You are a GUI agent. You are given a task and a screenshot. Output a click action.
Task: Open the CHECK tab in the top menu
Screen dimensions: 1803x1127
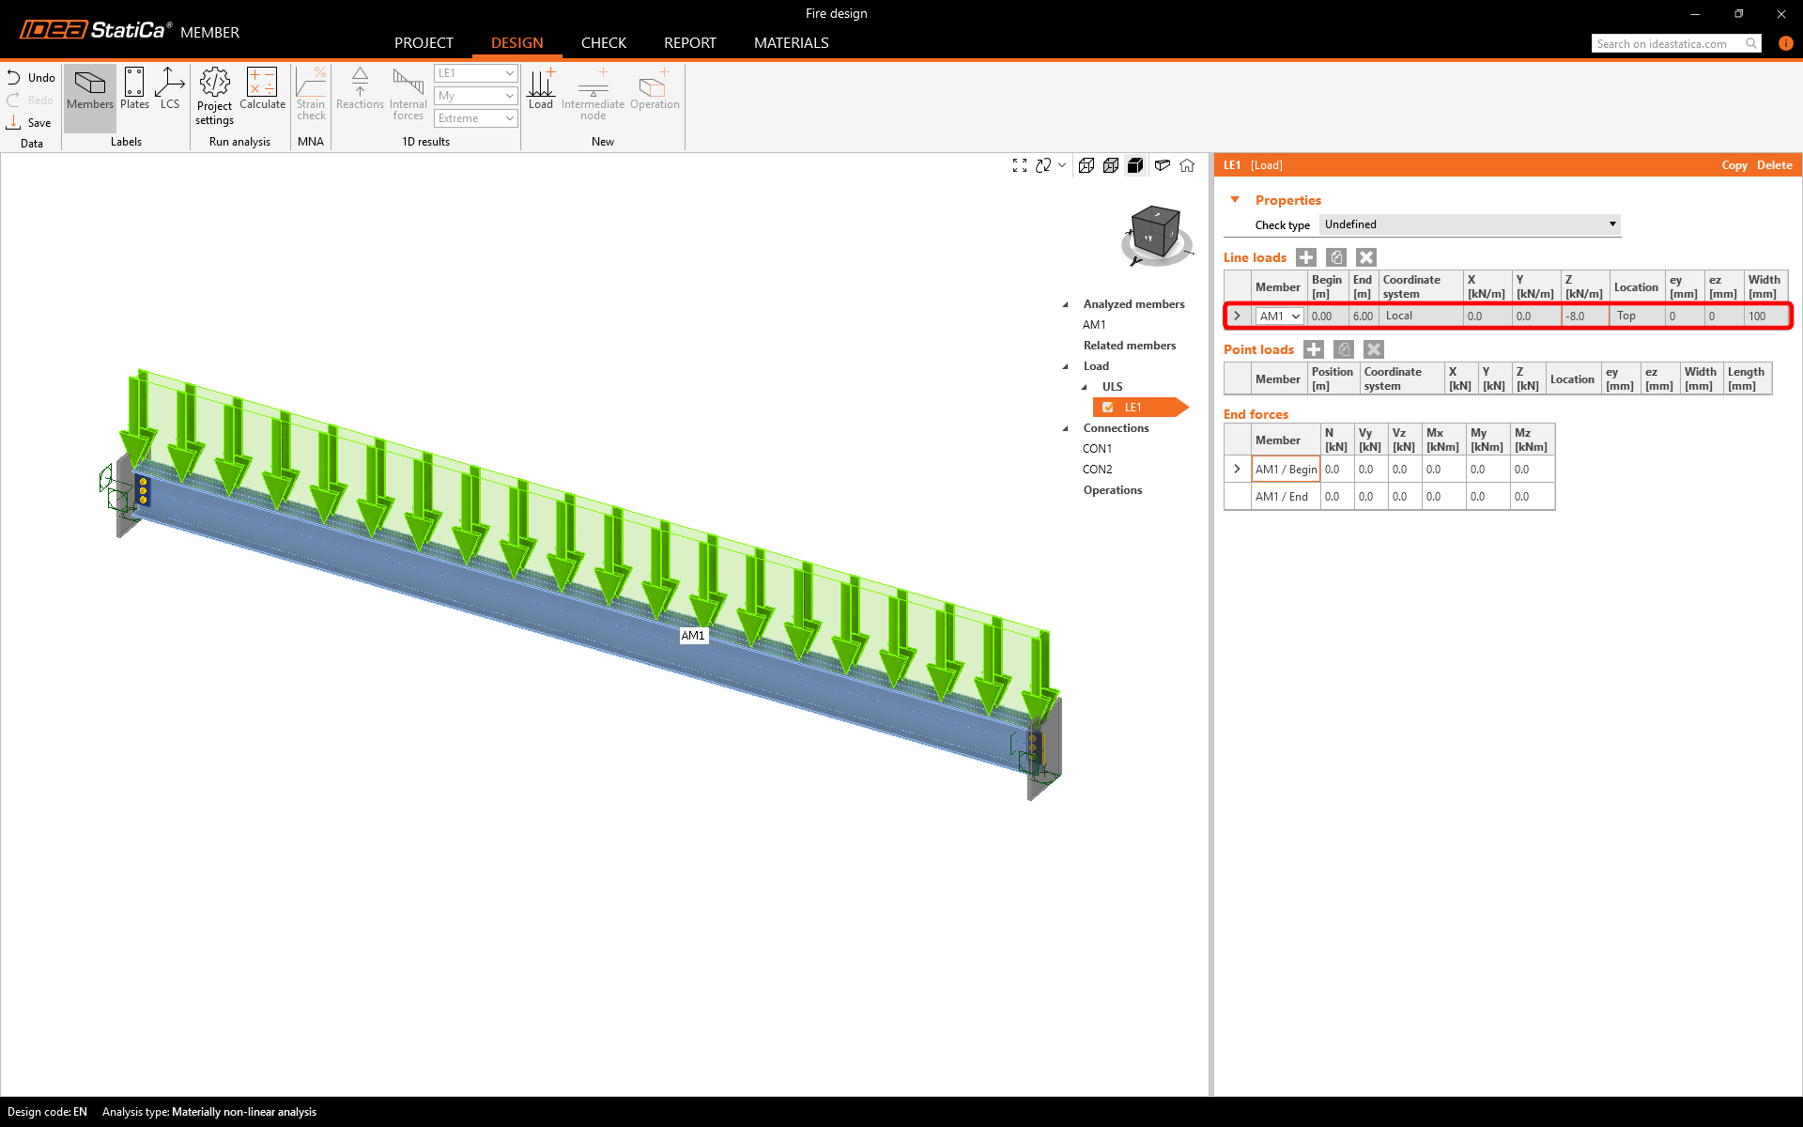pos(603,43)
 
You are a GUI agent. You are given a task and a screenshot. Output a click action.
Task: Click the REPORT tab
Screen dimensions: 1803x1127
pos(689,43)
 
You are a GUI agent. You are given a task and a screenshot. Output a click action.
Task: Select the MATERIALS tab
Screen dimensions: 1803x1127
pos(791,43)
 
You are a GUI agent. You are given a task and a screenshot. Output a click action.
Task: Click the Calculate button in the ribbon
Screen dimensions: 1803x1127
pos(262,89)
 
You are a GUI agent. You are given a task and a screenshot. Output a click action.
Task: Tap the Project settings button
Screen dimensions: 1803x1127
pos(215,96)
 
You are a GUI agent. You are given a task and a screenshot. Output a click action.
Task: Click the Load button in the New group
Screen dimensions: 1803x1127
pos(541,89)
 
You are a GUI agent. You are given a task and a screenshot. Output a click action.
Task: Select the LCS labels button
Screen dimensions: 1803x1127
pos(170,89)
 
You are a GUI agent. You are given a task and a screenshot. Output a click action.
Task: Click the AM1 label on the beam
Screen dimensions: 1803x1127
pos(693,636)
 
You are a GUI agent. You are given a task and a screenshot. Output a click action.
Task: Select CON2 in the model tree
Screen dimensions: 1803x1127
pos(1097,470)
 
